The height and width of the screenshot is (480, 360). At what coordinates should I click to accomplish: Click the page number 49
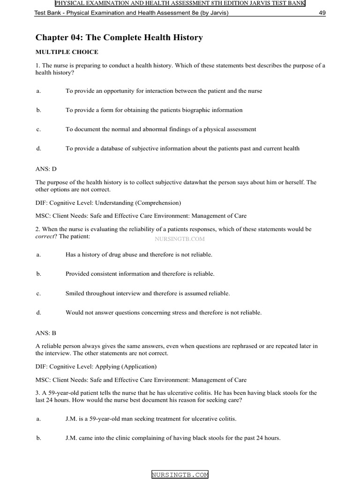point(322,13)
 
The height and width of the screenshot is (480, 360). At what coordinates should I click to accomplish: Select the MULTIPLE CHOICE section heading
point(67,52)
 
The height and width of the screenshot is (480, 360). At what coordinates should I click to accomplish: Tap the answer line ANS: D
point(46,168)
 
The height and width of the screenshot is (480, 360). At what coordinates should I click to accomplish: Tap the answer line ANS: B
point(46,333)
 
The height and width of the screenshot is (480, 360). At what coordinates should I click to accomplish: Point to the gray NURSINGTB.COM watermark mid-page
point(180,239)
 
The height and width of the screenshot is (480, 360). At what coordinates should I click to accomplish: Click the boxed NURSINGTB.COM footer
point(180,475)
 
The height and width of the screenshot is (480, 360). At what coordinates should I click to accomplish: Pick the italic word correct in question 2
point(45,236)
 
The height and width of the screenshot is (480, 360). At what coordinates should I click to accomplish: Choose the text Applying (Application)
point(126,367)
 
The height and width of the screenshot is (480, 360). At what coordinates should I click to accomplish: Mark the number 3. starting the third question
point(38,393)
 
